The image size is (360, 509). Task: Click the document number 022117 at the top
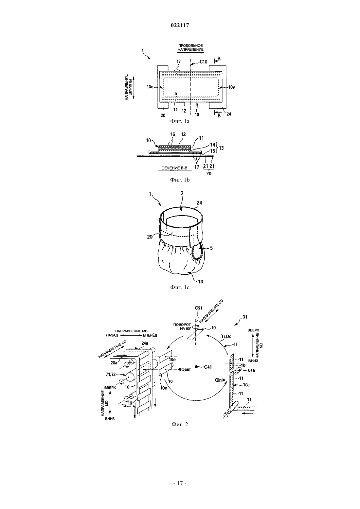click(180, 26)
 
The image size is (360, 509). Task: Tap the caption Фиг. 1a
click(180, 121)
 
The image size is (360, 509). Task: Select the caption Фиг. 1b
click(180, 180)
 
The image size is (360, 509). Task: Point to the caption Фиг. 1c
click(180, 288)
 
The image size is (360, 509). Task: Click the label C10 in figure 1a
click(203, 62)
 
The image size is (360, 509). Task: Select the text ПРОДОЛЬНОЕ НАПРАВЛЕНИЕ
click(190, 47)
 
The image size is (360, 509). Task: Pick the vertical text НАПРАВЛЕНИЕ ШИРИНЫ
click(128, 87)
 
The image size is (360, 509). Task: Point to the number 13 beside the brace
click(221, 148)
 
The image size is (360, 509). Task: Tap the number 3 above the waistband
click(182, 193)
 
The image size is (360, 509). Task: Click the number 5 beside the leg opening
click(211, 248)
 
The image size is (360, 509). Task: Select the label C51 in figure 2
click(199, 308)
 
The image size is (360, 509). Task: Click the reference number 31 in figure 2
click(245, 317)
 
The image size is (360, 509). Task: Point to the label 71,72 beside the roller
click(111, 374)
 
